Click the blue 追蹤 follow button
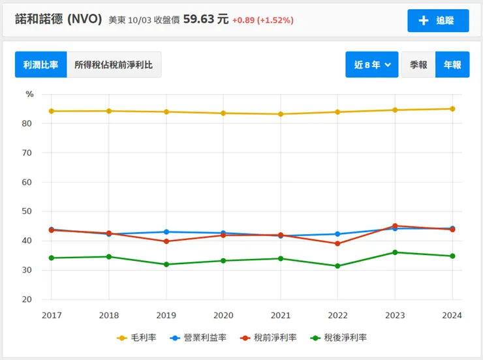pyautogui.click(x=438, y=20)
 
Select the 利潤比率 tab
pyautogui.click(x=40, y=65)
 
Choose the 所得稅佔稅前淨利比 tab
pyautogui.click(x=114, y=65)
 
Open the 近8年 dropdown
pyautogui.click(x=372, y=65)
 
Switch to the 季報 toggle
pyautogui.click(x=418, y=65)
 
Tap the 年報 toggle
pyautogui.click(x=452, y=65)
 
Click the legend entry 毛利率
pyautogui.click(x=136, y=338)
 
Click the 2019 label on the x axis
pyautogui.click(x=166, y=316)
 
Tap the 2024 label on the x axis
pyautogui.click(x=452, y=316)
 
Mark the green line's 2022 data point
pyautogui.click(x=337, y=266)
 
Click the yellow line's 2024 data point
pyautogui.click(x=452, y=109)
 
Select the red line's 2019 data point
pyautogui.click(x=166, y=241)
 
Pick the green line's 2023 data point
pyautogui.click(x=395, y=252)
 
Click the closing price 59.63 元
pyautogui.click(x=206, y=20)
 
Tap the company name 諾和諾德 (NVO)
pyautogui.click(x=59, y=20)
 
